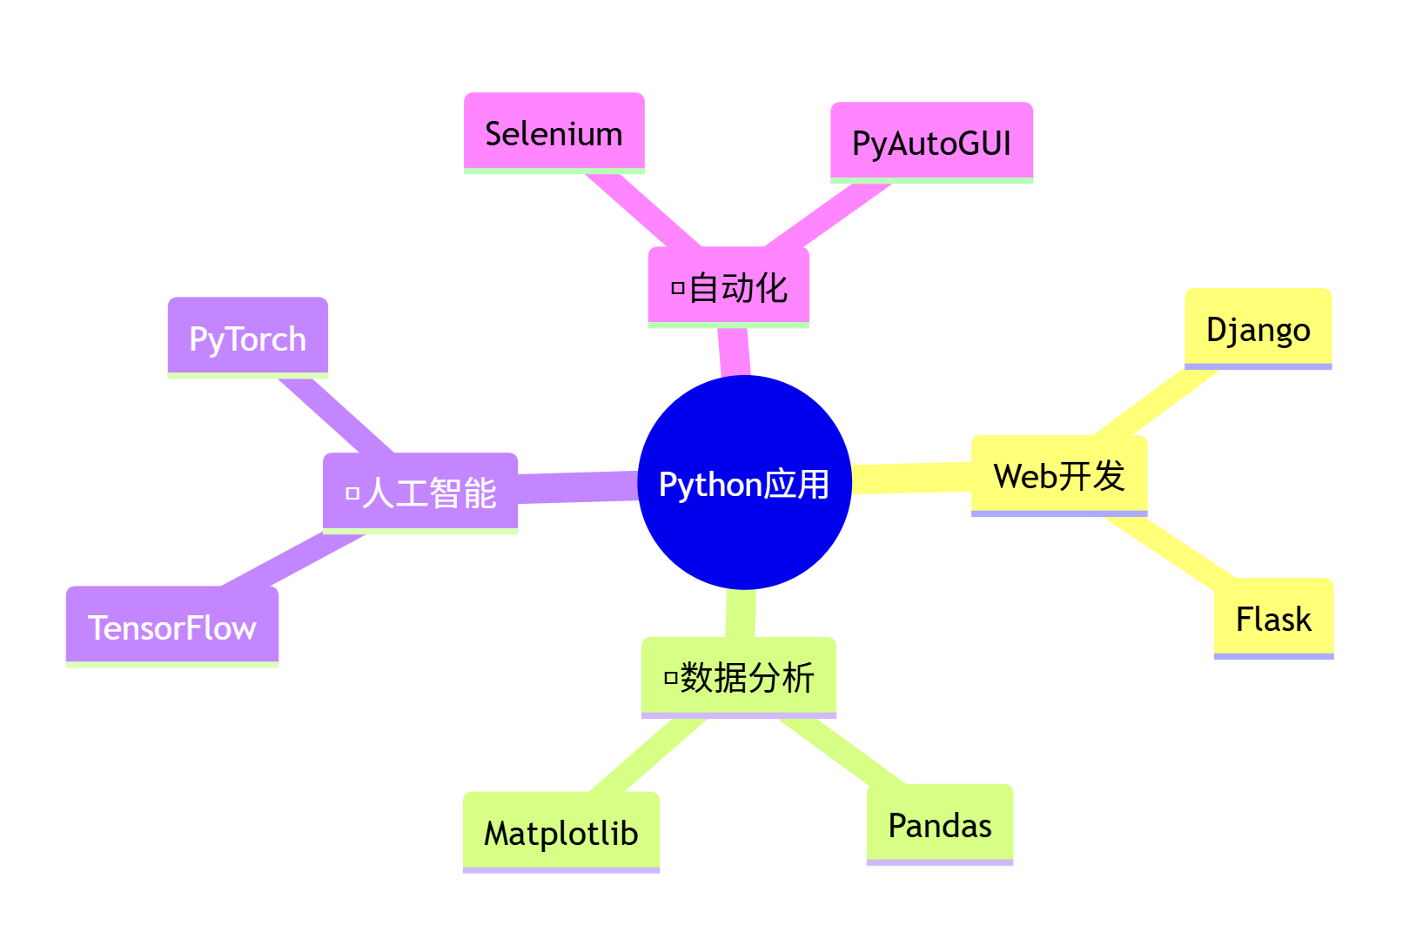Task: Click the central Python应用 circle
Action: [x=744, y=483]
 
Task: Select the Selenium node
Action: [x=554, y=133]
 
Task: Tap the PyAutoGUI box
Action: [x=931, y=143]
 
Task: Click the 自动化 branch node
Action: [x=728, y=287]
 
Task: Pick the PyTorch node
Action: [x=247, y=338]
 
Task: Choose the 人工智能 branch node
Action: [x=420, y=493]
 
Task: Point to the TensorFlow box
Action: [x=172, y=627]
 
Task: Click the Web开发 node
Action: [x=1059, y=476]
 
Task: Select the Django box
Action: [x=1258, y=329]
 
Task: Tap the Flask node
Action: [x=1273, y=619]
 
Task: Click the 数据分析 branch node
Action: [x=738, y=677]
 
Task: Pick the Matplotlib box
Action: [x=560, y=832]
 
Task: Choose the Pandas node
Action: [x=940, y=824]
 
